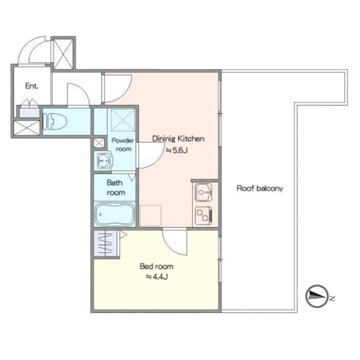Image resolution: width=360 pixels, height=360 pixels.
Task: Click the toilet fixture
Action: click(55, 121)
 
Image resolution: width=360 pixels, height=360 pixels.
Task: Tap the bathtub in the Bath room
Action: click(114, 214)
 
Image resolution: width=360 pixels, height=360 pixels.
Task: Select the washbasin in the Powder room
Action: click(103, 160)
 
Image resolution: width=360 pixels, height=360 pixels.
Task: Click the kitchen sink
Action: click(203, 192)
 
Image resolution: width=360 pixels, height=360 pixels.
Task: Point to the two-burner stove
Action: click(203, 216)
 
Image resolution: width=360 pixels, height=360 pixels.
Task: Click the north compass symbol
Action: click(317, 296)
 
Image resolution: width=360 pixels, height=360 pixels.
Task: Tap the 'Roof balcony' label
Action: click(260, 188)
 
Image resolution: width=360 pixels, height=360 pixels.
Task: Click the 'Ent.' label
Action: click(31, 86)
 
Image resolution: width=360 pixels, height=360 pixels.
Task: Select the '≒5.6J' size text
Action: click(177, 150)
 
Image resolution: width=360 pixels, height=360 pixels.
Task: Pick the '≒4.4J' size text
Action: click(157, 277)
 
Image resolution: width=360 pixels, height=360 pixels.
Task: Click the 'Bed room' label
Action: click(157, 267)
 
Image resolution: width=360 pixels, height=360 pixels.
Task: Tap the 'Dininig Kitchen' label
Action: click(178, 138)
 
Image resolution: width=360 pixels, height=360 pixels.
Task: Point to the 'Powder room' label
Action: click(123, 145)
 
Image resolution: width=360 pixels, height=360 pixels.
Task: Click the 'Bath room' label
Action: click(116, 187)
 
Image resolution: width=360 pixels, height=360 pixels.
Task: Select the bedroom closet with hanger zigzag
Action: click(105, 243)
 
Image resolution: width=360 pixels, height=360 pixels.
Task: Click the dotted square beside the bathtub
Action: click(150, 216)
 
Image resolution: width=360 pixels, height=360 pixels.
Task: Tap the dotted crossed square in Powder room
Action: click(123, 120)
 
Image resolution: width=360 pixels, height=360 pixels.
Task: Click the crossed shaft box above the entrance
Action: click(63, 54)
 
